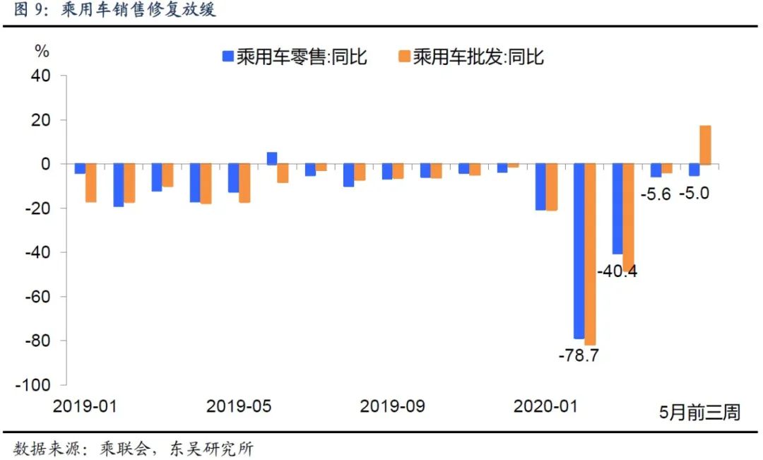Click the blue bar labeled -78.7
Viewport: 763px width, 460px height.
pos(579,252)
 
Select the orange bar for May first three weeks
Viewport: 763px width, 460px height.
pos(705,145)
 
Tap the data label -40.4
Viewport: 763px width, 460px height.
pos(617,271)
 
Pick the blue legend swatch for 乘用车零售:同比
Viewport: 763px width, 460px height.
pos(227,57)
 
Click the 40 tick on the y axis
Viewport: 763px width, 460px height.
pos(41,76)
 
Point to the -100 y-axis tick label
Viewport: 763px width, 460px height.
pos(35,385)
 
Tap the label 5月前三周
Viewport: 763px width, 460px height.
pos(699,412)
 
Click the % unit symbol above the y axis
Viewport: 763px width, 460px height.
pos(42,52)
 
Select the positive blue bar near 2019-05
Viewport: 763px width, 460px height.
pos(271,158)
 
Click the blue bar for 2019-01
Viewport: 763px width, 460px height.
pos(80,169)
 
